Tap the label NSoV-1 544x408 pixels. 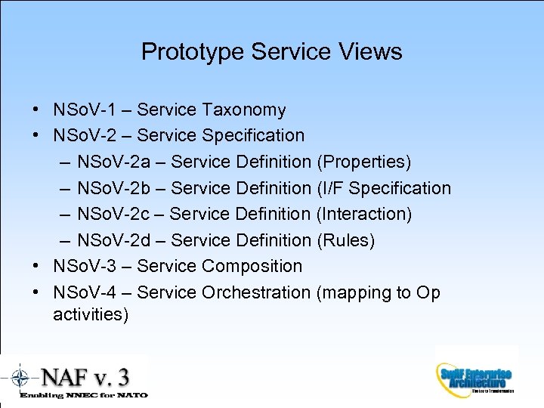(x=84, y=110)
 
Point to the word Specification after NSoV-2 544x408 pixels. (x=253, y=136)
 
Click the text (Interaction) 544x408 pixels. (x=365, y=214)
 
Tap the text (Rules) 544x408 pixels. (x=346, y=240)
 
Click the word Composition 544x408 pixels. (x=252, y=266)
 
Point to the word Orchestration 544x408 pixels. (x=256, y=292)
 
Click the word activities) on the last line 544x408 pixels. (x=91, y=314)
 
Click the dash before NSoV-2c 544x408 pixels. (x=64, y=214)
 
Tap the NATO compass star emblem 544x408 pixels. (x=20, y=377)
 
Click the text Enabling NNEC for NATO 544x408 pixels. (x=83, y=394)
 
